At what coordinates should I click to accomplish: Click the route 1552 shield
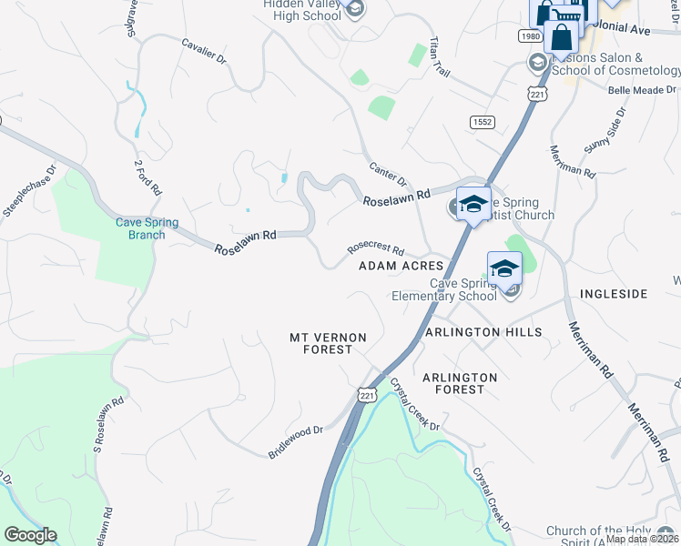(482, 121)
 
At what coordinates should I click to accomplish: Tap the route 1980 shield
(531, 35)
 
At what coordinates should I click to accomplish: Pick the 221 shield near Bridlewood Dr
(367, 394)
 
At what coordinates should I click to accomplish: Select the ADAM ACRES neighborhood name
(401, 266)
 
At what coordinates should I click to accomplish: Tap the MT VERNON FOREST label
(328, 343)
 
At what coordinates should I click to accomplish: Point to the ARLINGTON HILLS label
(483, 332)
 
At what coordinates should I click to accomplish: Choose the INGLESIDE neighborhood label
(613, 294)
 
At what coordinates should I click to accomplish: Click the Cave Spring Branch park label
(147, 228)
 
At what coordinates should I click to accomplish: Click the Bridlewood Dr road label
(296, 441)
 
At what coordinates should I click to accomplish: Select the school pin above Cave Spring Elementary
(504, 268)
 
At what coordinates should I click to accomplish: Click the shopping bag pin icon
(562, 38)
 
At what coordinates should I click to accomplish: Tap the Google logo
(30, 535)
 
